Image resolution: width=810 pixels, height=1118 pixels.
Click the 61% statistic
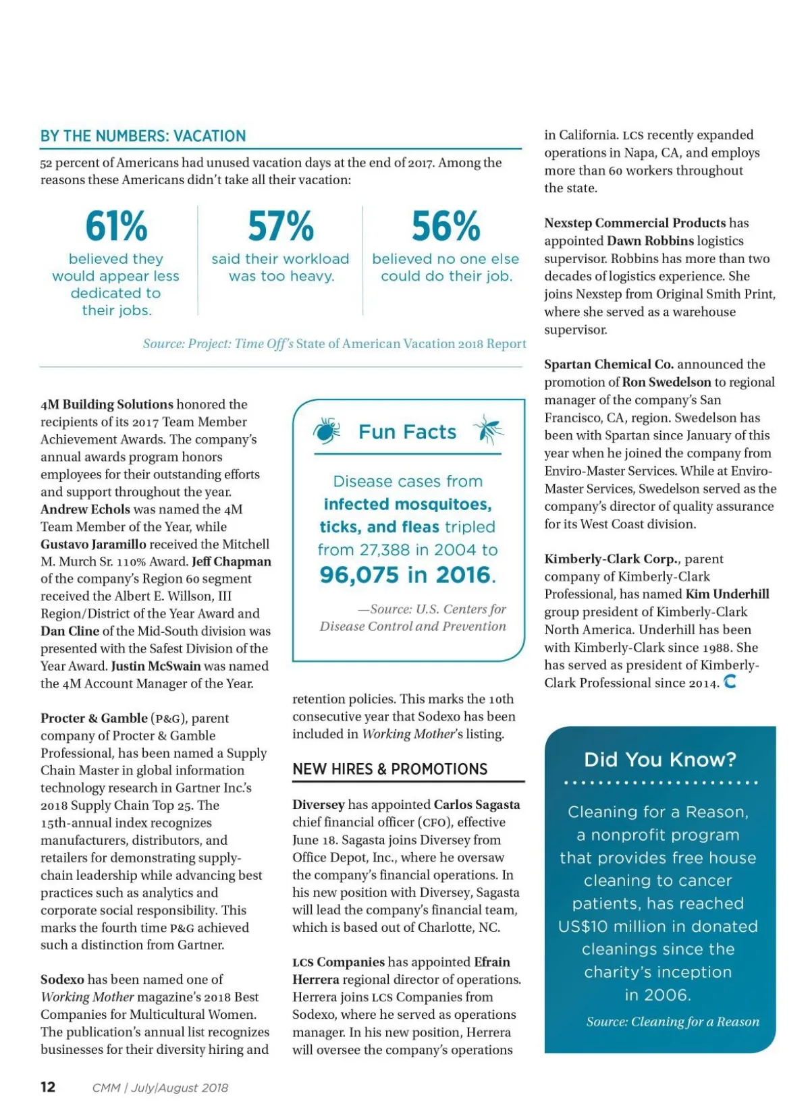pos(116,226)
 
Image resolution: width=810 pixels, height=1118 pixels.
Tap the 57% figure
pos(280,226)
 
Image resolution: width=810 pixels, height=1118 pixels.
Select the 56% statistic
pos(446,226)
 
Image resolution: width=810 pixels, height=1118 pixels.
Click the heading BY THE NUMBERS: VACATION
pos(143,136)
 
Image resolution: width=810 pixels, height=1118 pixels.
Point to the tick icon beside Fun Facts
pos(327,430)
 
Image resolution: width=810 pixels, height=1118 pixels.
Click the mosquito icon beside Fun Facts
pos(488,430)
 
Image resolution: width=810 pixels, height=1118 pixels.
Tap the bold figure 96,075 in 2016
pos(408,575)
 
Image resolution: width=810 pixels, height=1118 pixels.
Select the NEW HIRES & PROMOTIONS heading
pos(389,769)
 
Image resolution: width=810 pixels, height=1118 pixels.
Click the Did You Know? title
pos(659,760)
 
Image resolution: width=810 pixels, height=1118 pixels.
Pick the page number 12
pos(48,1087)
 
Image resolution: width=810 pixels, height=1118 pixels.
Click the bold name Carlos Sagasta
pos(477,805)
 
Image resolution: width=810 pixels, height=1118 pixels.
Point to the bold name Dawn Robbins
pos(650,241)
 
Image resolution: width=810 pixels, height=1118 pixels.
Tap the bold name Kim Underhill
pos(727,594)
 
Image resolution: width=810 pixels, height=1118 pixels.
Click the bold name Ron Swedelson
pos(666,382)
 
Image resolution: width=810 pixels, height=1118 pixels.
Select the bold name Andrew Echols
pos(85,509)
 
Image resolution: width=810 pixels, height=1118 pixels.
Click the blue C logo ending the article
pos(730,682)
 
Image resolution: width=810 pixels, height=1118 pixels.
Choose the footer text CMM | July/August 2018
pos(160,1088)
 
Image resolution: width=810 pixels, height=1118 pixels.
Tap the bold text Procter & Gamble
pos(94,718)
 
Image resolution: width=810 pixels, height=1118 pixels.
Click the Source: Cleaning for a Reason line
pos(672,1022)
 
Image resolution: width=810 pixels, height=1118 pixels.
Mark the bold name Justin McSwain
pos(156,666)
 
